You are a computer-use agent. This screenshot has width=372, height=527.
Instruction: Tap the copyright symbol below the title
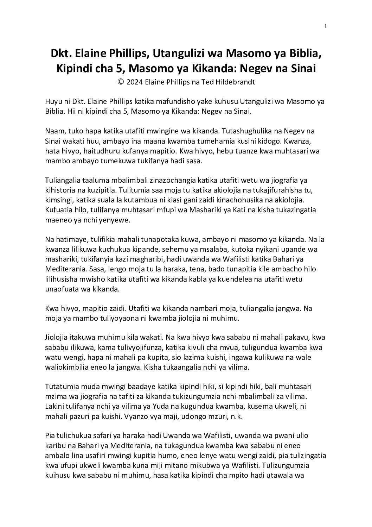121,82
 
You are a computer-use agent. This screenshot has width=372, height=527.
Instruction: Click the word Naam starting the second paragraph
54,131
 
